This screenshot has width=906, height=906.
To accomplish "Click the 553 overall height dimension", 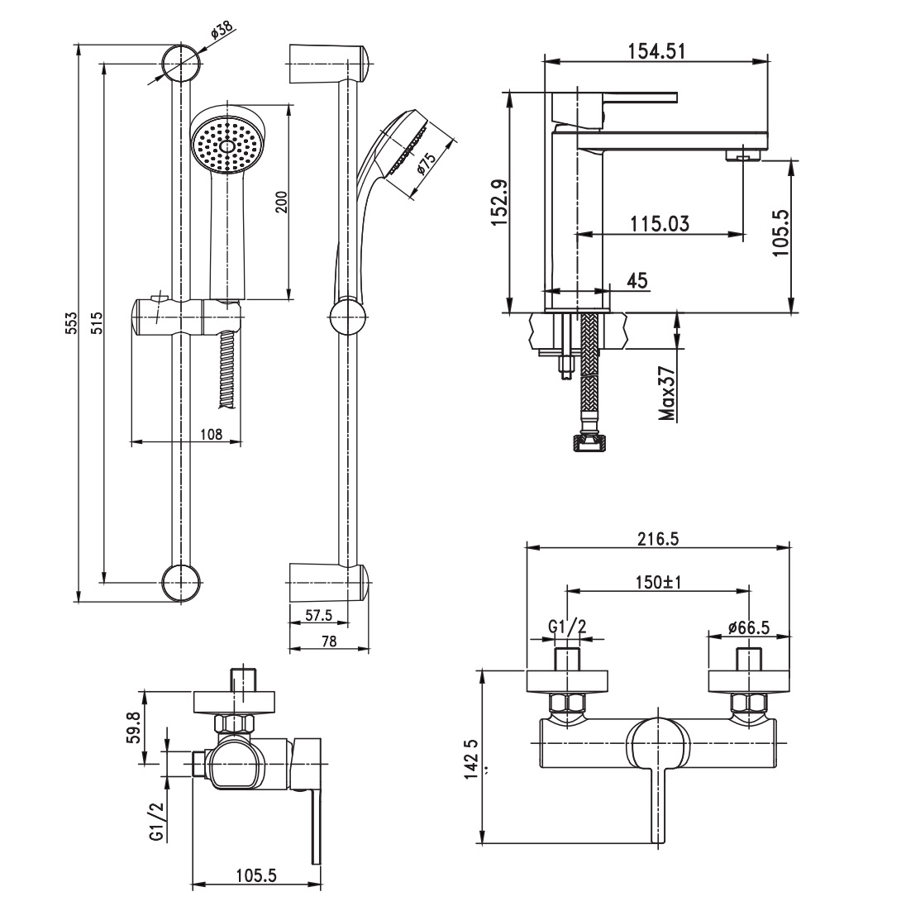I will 71,322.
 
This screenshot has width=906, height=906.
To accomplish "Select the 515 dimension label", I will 96,322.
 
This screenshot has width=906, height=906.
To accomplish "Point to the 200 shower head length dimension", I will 281,201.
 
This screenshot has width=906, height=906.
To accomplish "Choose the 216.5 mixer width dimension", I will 657,538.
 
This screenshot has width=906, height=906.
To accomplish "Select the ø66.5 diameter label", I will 749,627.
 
